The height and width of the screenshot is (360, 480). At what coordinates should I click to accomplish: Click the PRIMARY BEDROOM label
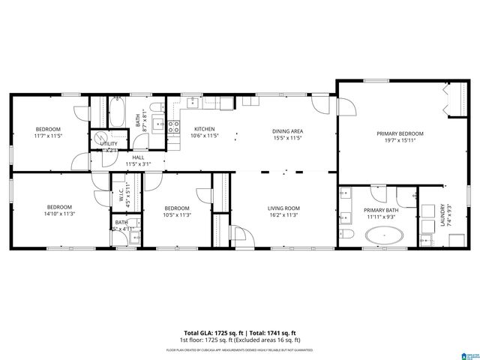point(399,133)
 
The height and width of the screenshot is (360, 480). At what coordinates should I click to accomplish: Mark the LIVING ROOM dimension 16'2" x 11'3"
point(283,214)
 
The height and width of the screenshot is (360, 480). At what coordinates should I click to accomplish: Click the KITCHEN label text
point(205,129)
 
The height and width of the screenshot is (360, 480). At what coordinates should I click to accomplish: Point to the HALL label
point(139,157)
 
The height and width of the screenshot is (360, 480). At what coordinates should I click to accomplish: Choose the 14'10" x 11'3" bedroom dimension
point(59,214)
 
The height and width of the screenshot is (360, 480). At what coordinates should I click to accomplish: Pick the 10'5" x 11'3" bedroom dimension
point(177,214)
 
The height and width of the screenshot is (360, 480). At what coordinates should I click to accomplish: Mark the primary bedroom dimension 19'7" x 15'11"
point(399,139)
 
